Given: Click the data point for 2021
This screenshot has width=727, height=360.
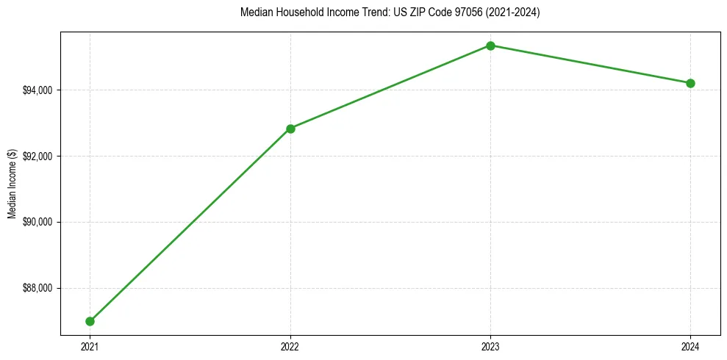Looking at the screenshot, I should click(x=90, y=321).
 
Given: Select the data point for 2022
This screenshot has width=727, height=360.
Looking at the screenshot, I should click(x=290, y=129).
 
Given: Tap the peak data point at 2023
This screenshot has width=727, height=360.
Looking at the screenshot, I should click(x=490, y=46).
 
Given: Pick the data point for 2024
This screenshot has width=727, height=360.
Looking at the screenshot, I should click(x=690, y=83).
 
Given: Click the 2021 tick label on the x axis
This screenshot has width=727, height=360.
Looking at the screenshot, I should click(x=90, y=346).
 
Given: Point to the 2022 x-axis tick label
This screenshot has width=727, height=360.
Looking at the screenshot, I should click(x=290, y=346).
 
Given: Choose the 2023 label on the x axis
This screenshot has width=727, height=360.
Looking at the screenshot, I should click(x=490, y=346).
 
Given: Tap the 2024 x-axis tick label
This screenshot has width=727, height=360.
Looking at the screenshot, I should click(x=690, y=346).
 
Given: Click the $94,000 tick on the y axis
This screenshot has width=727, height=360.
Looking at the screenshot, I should click(x=37, y=90).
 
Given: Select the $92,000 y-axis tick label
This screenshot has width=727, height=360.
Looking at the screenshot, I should click(x=37, y=156).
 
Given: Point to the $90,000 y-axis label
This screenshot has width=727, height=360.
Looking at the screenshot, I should click(x=37, y=222).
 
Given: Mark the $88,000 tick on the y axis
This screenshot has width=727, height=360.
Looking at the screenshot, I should click(x=37, y=288).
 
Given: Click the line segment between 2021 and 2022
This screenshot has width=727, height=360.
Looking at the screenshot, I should click(x=190, y=225).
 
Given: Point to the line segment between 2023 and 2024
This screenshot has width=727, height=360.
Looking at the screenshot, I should click(x=590, y=65).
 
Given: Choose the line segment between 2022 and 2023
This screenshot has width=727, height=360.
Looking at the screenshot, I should click(x=390, y=87).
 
